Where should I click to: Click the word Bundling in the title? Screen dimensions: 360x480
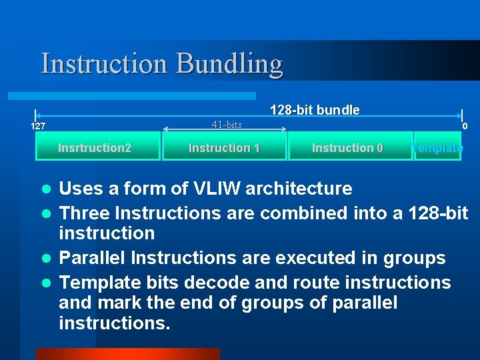(x=229, y=64)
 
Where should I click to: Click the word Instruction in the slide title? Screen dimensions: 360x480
(x=105, y=64)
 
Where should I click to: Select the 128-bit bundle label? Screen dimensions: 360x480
(x=315, y=110)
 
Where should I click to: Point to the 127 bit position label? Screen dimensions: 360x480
(x=39, y=126)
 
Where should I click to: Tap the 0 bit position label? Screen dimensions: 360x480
(x=465, y=126)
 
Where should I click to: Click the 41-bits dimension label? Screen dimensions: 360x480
(x=227, y=125)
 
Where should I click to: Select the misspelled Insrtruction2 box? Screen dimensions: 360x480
(x=95, y=147)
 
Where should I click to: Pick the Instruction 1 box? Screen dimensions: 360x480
(x=224, y=147)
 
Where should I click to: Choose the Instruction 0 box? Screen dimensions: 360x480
(x=347, y=147)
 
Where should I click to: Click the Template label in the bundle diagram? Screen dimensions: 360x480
(x=438, y=148)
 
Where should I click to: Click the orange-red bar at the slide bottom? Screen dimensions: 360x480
(x=127, y=353)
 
